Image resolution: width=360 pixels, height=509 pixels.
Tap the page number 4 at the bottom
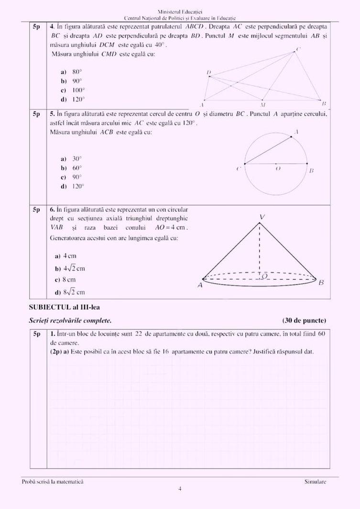(x=180, y=489)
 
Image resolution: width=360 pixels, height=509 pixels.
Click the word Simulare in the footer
(x=315, y=481)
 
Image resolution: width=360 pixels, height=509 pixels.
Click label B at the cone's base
(x=321, y=282)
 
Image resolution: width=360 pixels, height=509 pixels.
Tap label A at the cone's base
(x=200, y=285)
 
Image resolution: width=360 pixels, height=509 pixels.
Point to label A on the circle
(x=296, y=132)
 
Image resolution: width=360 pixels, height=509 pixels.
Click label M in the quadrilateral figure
(x=262, y=104)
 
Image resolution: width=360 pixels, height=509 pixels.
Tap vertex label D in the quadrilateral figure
(x=208, y=73)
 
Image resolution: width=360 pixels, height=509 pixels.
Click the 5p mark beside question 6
(x=36, y=210)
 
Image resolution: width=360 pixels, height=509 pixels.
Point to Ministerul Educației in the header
(x=180, y=11)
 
